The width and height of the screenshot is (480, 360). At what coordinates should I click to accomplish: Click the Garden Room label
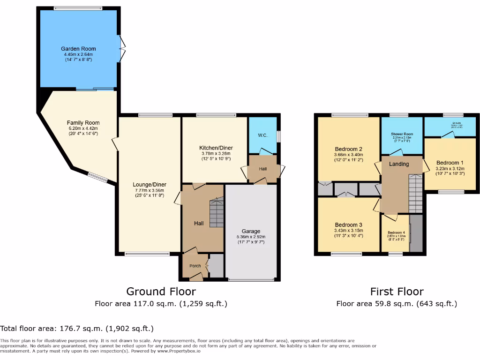[78, 49]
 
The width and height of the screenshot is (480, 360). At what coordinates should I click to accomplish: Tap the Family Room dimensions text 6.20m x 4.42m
[83, 128]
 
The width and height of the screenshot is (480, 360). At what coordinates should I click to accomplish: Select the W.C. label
[262, 136]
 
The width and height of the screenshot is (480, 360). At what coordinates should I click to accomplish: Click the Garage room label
[251, 231]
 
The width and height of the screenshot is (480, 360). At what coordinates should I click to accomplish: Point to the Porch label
[195, 266]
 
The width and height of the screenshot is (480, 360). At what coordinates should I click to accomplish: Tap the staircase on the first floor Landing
[416, 193]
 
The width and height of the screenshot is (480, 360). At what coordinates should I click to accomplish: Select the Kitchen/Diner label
[216, 148]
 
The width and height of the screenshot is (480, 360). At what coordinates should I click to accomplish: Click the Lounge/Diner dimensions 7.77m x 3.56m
[149, 190]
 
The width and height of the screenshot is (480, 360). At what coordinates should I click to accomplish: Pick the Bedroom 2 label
[348, 149]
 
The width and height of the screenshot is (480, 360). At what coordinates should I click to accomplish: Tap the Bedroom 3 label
[348, 225]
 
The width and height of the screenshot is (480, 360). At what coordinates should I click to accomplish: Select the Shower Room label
[402, 134]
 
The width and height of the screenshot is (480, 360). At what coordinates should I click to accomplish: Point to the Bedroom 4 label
[396, 233]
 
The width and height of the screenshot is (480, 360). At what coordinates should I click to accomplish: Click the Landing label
[399, 164]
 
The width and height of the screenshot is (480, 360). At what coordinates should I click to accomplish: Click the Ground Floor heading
[161, 292]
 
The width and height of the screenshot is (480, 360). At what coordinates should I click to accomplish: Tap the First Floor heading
[397, 292]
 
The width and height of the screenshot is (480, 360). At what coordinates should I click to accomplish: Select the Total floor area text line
[77, 329]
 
